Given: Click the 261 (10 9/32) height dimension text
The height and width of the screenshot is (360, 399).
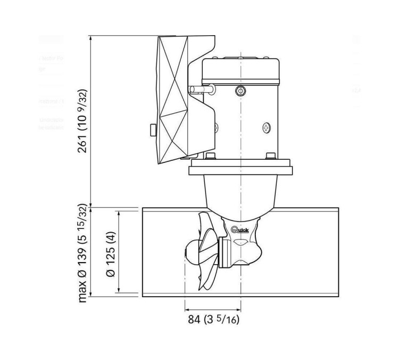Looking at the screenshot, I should point(81,121).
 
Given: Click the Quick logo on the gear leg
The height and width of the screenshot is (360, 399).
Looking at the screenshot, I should point(243,230).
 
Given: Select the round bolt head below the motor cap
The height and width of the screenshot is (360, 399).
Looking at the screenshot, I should point(239,92).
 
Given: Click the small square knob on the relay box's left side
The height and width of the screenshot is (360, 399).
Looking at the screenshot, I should point(152,129).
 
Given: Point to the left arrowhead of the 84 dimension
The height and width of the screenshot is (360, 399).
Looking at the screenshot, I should point(187,308).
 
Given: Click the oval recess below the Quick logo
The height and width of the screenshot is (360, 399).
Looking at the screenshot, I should point(242,242).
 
